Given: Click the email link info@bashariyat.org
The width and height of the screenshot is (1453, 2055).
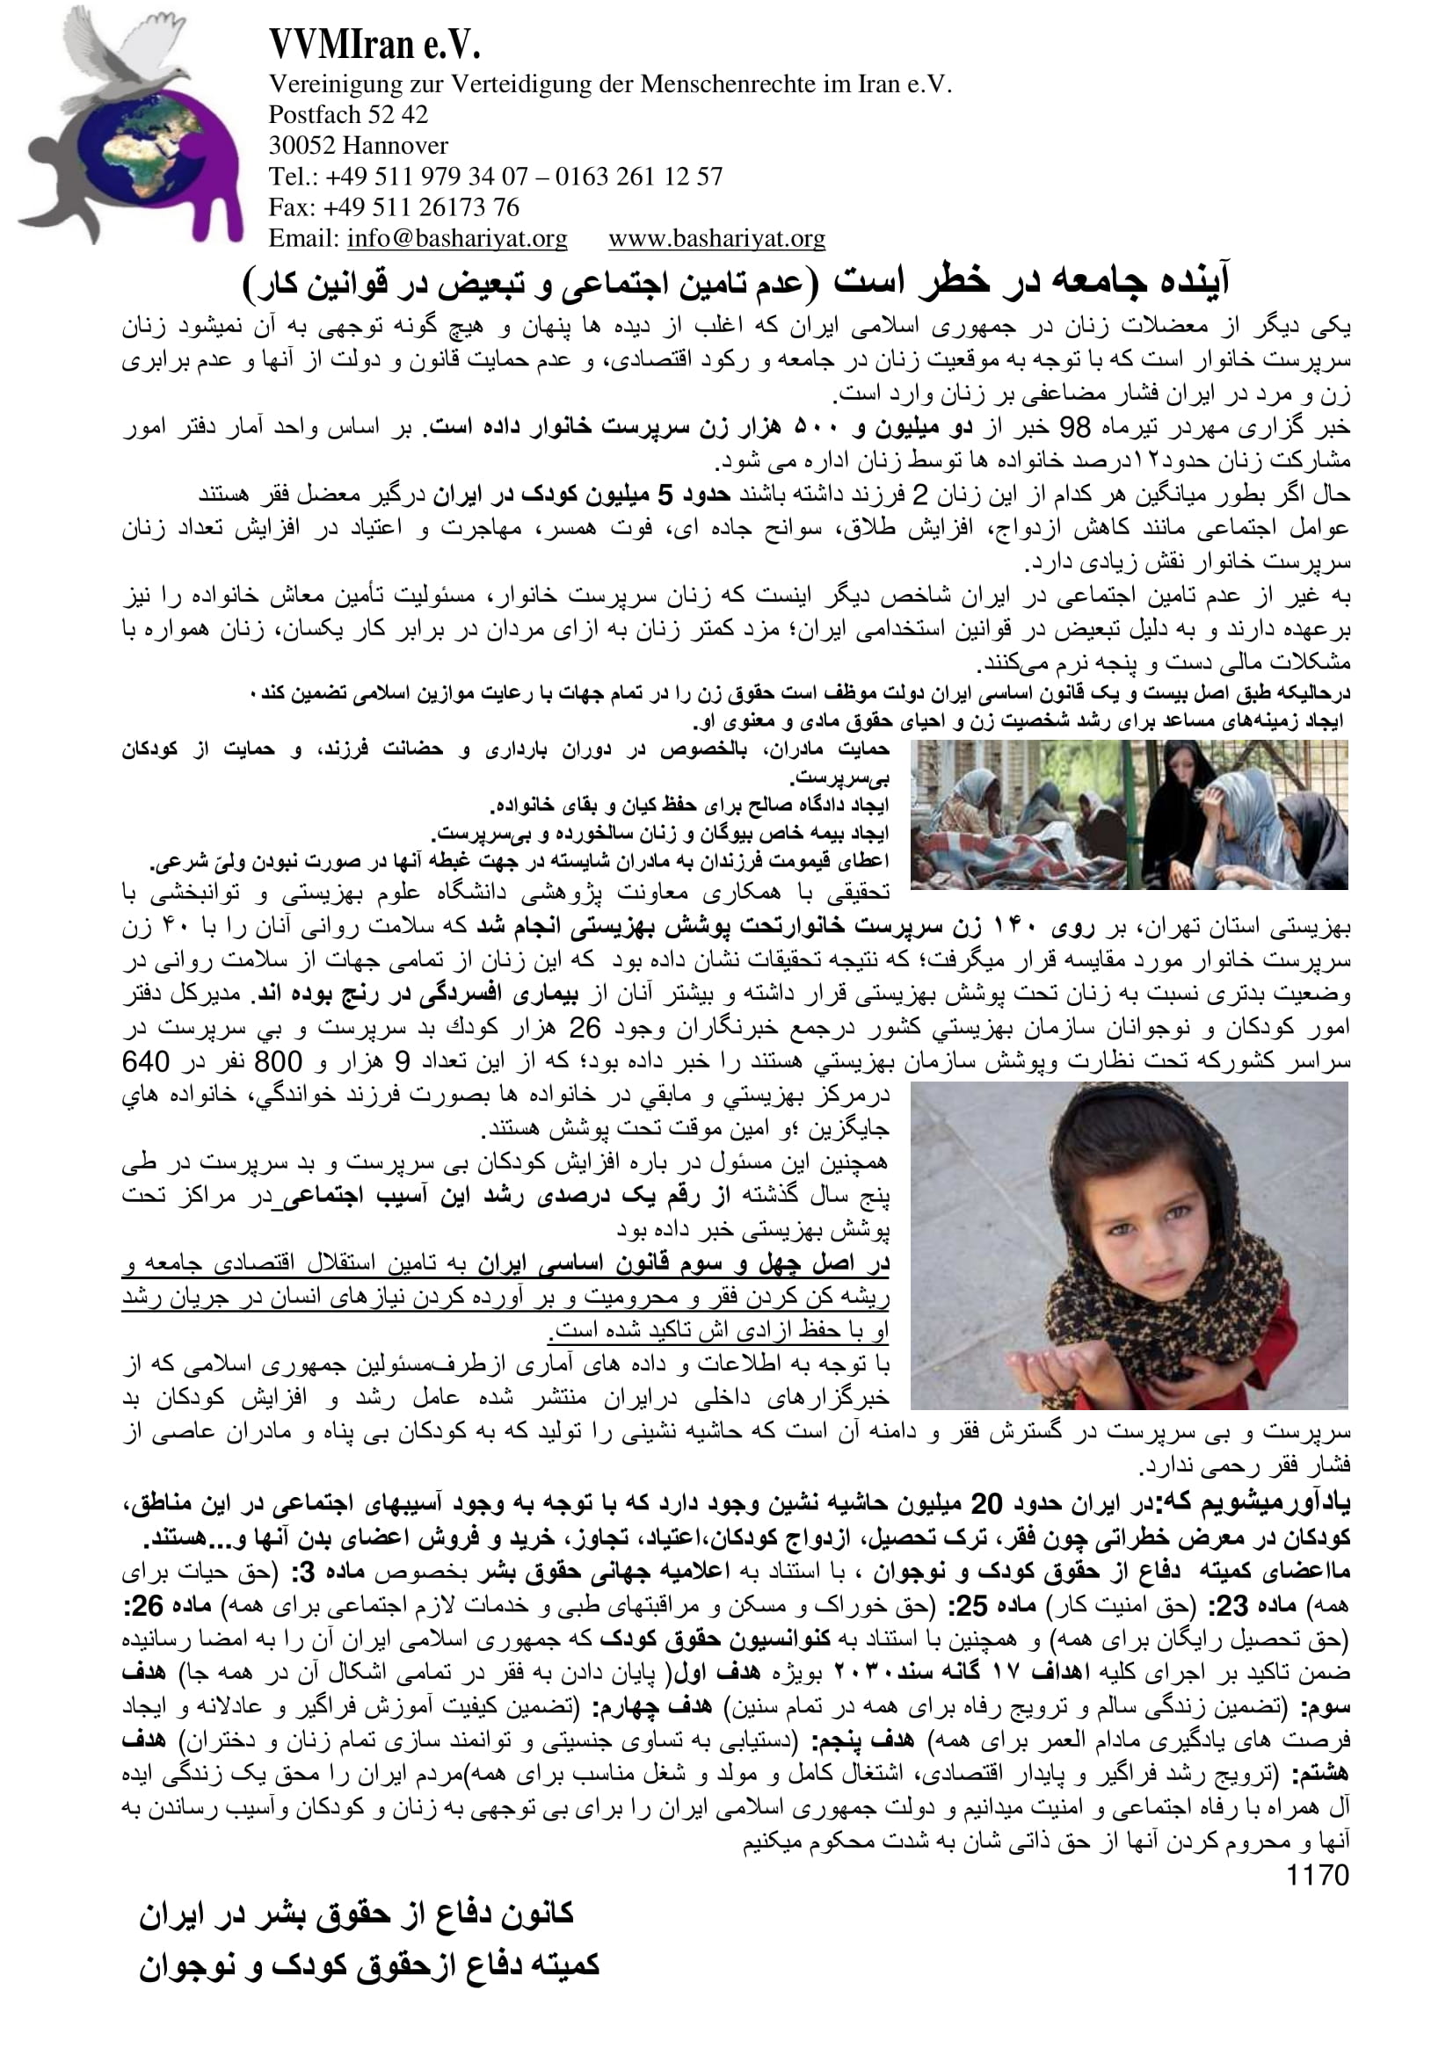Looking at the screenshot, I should pyautogui.click(x=456, y=238).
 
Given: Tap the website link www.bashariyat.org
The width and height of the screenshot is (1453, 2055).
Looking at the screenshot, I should pyautogui.click(x=716, y=238).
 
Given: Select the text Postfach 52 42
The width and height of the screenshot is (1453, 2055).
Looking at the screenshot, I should pyautogui.click(x=348, y=114).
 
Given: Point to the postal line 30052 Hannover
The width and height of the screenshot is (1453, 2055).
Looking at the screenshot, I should pyautogui.click(x=358, y=145).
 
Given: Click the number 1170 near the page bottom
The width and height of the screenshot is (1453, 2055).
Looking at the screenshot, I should pyautogui.click(x=1317, y=1874).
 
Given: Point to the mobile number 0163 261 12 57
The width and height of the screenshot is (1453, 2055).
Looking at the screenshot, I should pyautogui.click(x=638, y=177).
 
